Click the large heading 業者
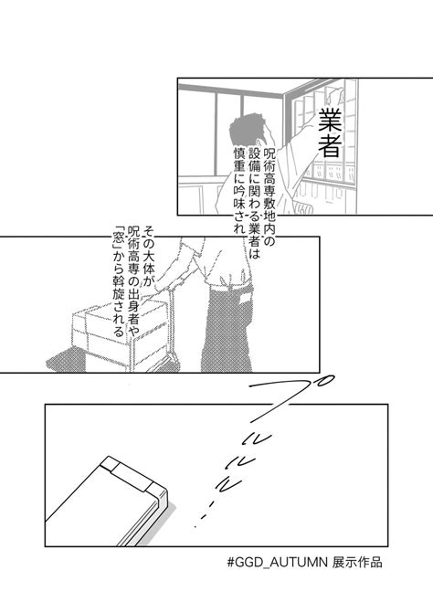[x=330, y=132]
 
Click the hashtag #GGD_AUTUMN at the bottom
[x=277, y=563]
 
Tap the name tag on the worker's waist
[x=245, y=299]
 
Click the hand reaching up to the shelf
[x=333, y=95]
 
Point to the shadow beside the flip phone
[x=157, y=526]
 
